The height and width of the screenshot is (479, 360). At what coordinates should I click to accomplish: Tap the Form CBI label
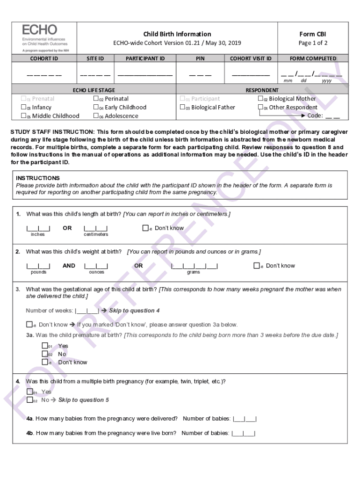click(x=313, y=34)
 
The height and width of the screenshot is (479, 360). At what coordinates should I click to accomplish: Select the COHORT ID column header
click(x=44, y=58)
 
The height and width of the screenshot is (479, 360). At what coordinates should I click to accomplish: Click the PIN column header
click(x=200, y=58)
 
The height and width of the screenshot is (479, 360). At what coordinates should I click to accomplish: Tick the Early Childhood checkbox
click(x=96, y=108)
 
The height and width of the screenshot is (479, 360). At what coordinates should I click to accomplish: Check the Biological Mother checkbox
click(x=260, y=99)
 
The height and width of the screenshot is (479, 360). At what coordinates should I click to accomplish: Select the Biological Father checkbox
click(x=183, y=108)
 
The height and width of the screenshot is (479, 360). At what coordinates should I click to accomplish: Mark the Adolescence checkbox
click(x=96, y=116)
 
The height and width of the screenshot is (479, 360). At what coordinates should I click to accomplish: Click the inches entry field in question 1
click(x=38, y=228)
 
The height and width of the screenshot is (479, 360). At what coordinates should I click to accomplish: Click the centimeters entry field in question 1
click(x=96, y=228)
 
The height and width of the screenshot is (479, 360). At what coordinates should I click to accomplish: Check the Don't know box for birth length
click(x=145, y=228)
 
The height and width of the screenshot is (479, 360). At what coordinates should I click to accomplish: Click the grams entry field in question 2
click(x=194, y=266)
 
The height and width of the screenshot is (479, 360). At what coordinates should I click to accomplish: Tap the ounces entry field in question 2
click(x=96, y=266)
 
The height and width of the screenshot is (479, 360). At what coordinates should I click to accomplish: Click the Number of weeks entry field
click(x=87, y=311)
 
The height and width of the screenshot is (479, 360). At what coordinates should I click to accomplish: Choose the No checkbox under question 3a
click(x=45, y=354)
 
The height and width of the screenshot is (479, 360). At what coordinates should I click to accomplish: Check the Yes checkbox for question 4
click(x=29, y=392)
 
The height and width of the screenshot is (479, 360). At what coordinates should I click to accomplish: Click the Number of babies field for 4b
click(x=243, y=433)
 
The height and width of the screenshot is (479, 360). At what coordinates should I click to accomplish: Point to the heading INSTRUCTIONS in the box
click(x=38, y=178)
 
